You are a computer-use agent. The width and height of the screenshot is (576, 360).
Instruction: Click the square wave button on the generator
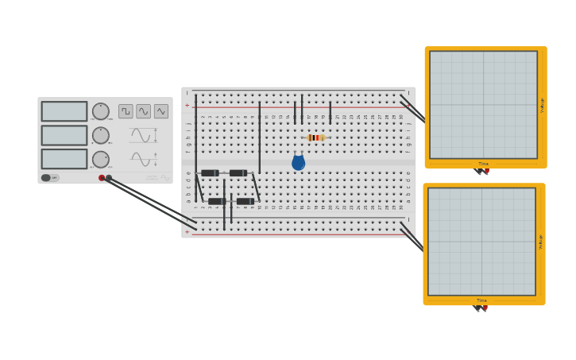pyautogui.click(x=126, y=111)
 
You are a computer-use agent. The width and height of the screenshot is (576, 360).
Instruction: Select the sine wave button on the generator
pyautogui.click(x=143, y=111)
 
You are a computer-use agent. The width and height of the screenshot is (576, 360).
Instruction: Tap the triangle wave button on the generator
pyautogui.click(x=160, y=111)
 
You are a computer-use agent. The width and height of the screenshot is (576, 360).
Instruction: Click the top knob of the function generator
pyautogui.click(x=101, y=111)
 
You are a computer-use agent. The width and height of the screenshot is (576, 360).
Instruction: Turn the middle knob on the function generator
pyautogui.click(x=101, y=135)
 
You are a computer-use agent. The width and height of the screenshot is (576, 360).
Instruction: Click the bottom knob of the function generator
pyautogui.click(x=101, y=159)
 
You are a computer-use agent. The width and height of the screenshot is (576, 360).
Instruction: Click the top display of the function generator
pyautogui.click(x=64, y=111)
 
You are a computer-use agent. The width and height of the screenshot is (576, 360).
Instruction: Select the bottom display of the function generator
pyautogui.click(x=64, y=159)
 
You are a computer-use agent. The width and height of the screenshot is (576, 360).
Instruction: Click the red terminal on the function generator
pyautogui.click(x=102, y=177)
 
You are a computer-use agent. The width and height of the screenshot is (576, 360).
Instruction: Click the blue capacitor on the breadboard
pyautogui.click(x=299, y=163)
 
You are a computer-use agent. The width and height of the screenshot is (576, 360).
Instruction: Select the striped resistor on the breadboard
pyautogui.click(x=316, y=137)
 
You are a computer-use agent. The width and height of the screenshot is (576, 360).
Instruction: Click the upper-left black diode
pyautogui.click(x=210, y=172)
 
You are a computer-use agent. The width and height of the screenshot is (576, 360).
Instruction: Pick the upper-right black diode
pyautogui.click(x=238, y=172)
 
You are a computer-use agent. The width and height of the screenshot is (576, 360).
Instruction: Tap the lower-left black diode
pyautogui.click(x=217, y=201)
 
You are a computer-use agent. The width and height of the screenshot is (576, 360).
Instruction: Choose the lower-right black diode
pyautogui.click(x=245, y=201)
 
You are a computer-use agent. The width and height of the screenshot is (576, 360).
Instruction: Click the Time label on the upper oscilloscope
pyautogui.click(x=483, y=164)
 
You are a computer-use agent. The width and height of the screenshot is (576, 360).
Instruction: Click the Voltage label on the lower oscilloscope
pyautogui.click(x=541, y=242)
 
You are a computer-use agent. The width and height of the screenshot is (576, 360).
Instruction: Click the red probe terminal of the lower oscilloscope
pyautogui.click(x=485, y=308)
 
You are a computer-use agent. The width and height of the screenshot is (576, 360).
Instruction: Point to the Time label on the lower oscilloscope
pyautogui.click(x=481, y=300)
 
